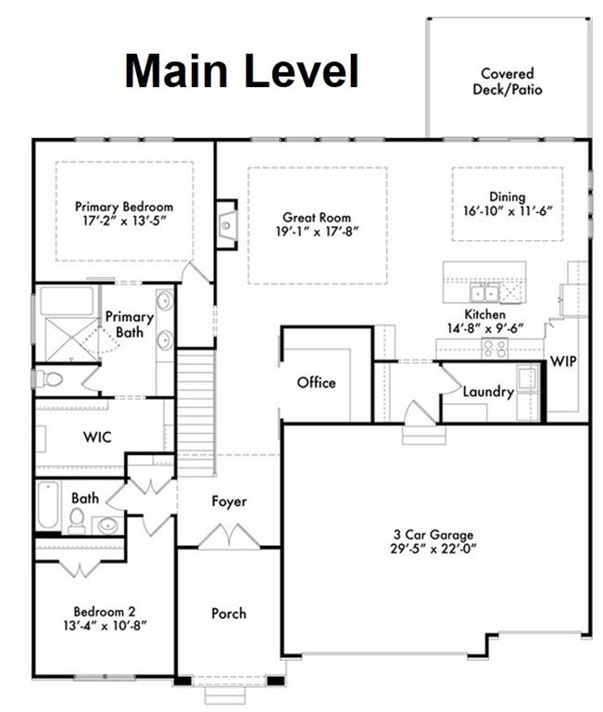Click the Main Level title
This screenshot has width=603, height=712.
click(241, 70)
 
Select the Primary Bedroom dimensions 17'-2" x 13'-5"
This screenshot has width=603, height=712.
click(123, 222)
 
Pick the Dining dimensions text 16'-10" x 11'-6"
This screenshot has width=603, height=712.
click(509, 211)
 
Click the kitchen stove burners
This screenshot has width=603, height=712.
click(495, 348)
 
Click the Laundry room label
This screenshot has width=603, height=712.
click(488, 392)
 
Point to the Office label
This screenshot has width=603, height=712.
click(316, 382)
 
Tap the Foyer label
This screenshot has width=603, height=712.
click(229, 502)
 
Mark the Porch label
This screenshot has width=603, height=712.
click(229, 613)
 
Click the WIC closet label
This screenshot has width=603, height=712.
click(96, 436)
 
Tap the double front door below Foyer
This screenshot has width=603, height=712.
click(229, 538)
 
